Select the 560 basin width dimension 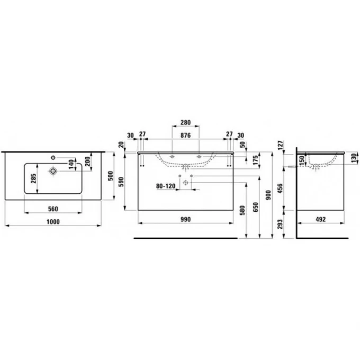tap(52, 208)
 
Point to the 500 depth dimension tap(110, 176)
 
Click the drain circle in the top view tap(53, 170)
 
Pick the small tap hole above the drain tap(53, 157)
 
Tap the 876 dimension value tap(185, 134)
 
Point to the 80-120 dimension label tap(166, 186)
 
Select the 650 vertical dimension tap(256, 206)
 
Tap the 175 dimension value tap(256, 160)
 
